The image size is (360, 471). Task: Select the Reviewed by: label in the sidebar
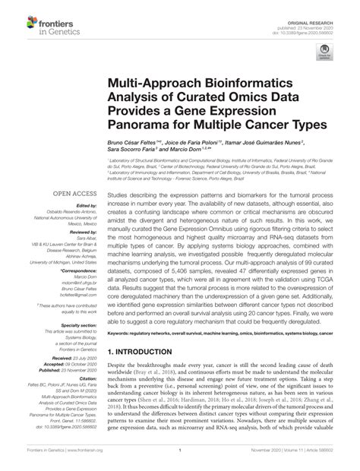tap(86, 230)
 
